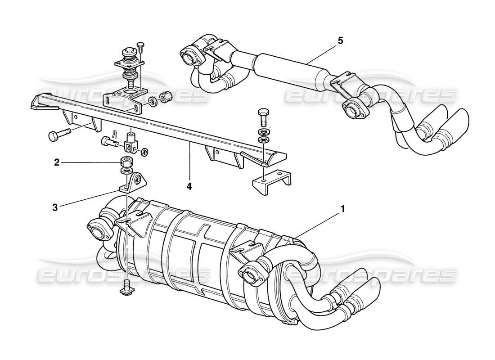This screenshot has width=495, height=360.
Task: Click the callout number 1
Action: point(343,209)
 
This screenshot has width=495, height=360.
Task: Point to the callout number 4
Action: point(189,185)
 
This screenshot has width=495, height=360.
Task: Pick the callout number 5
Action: point(340,40)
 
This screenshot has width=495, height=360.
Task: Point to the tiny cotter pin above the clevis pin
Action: point(116,134)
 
